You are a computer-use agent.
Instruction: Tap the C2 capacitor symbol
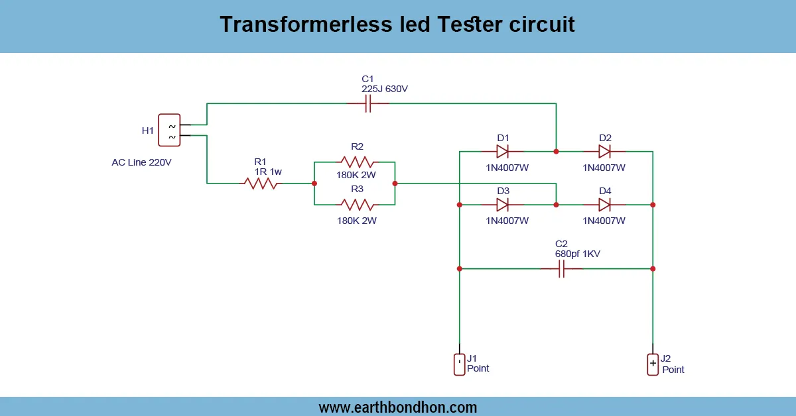(x=561, y=269)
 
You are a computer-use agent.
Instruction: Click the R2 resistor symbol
(x=357, y=162)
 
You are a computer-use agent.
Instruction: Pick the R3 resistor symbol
(x=357, y=204)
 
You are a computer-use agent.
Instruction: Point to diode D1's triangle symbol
(x=502, y=151)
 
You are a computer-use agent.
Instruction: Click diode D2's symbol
(x=604, y=151)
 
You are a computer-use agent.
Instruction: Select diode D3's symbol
(x=502, y=205)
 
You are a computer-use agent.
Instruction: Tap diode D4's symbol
(x=604, y=205)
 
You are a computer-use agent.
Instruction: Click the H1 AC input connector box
(x=169, y=130)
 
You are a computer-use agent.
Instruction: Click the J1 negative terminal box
(x=459, y=364)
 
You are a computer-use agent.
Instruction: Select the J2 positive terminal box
(x=653, y=364)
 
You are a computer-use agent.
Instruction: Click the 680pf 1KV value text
(x=578, y=254)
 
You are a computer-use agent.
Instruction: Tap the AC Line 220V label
(x=141, y=162)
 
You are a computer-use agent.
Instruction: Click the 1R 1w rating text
(x=268, y=172)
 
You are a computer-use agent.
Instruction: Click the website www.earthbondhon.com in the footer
(x=398, y=407)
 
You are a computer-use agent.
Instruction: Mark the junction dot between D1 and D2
(x=556, y=151)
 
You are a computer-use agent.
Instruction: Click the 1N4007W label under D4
(x=604, y=221)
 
